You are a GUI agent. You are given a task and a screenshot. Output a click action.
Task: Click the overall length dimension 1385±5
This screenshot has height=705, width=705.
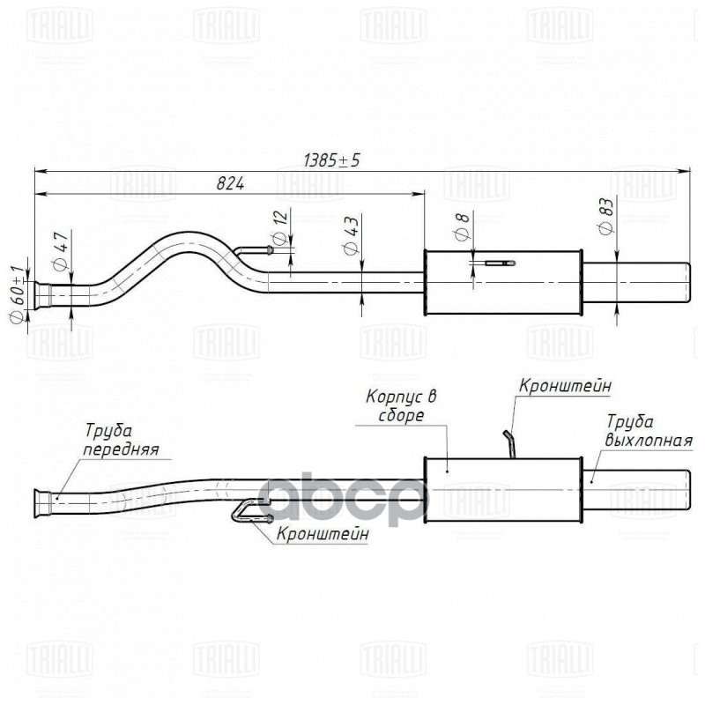click(332, 160)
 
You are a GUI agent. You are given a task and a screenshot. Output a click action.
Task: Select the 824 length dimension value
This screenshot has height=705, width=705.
click(228, 183)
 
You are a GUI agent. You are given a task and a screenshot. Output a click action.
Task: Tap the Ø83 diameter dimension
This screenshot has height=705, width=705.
click(605, 214)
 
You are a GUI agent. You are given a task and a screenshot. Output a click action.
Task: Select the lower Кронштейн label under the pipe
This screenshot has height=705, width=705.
click(322, 533)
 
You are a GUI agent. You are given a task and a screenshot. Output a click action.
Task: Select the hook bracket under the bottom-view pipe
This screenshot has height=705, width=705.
click(247, 510)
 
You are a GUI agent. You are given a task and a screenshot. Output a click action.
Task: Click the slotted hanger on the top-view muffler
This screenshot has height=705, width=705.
click(499, 263)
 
